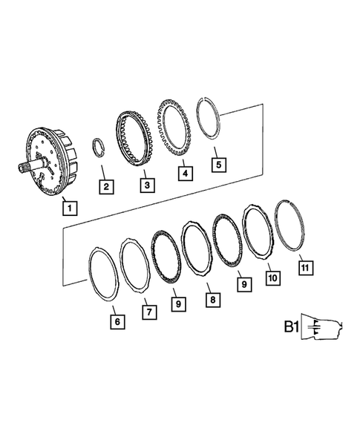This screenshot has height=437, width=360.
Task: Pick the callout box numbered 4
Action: (x=186, y=174)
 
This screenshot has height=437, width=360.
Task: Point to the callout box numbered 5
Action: (x=217, y=165)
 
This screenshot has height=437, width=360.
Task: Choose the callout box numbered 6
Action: (x=117, y=322)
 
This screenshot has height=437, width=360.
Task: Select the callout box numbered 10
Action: (x=272, y=277)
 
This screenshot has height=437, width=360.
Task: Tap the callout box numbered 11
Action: (x=305, y=266)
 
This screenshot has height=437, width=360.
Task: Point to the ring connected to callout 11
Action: (x=289, y=222)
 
